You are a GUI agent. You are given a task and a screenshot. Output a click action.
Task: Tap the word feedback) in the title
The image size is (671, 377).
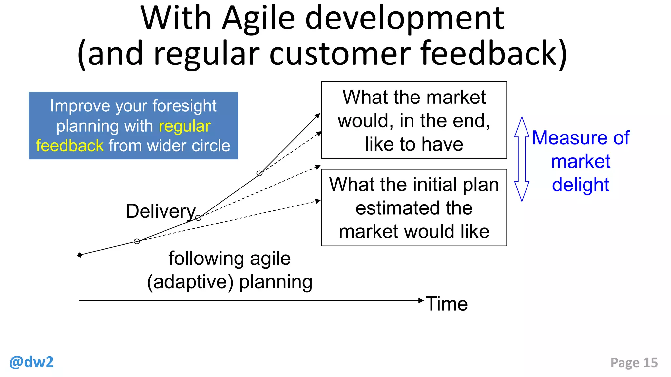[493, 53]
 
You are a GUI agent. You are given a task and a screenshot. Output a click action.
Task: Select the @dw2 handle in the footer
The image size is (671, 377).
[31, 362]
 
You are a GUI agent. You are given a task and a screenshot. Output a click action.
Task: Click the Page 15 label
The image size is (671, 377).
[634, 363]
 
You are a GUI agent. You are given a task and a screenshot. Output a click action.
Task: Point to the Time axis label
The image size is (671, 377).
[447, 304]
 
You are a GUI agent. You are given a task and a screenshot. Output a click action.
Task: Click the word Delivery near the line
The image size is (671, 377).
[161, 211]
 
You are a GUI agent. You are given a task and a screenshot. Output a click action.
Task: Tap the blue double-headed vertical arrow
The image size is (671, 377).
[522, 159]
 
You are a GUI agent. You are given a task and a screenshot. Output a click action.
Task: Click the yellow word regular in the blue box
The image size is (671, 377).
[184, 126]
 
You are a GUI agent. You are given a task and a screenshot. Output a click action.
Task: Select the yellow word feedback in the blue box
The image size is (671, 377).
[70, 146]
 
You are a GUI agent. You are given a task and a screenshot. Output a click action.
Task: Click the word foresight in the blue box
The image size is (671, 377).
[184, 106]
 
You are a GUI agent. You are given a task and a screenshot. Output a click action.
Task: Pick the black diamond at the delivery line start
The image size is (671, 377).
[80, 255]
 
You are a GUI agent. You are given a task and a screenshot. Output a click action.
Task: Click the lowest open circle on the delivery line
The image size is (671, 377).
[137, 242]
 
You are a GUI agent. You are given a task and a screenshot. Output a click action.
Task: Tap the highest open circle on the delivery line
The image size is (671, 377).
[259, 173]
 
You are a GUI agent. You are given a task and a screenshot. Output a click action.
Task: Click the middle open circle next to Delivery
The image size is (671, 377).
[198, 218]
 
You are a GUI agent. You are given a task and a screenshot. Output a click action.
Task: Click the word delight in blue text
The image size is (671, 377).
[580, 185]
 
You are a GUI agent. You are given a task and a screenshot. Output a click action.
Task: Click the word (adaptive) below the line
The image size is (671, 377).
[190, 282]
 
